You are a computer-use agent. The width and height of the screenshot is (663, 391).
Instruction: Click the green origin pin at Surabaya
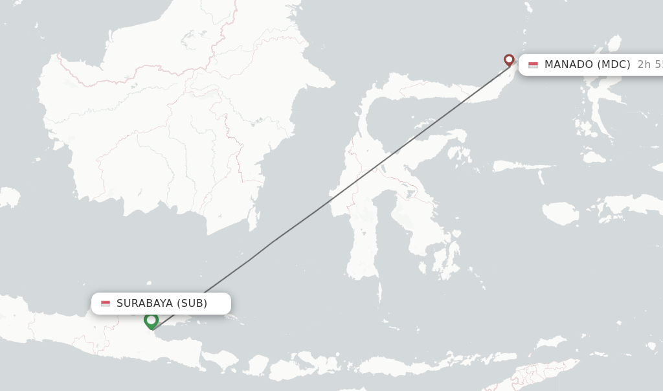pos(151,320)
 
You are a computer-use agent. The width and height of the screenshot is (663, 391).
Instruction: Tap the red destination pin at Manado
pos(509,60)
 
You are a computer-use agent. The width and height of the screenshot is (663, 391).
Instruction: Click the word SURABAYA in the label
pos(144,303)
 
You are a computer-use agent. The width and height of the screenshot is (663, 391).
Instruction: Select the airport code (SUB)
pos(192,303)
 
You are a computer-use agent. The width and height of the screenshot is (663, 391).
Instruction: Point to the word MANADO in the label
pos(568,64)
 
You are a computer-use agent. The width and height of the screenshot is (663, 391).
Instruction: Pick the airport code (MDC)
pos(614,64)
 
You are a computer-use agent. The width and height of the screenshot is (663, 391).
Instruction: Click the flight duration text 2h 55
pos(649,64)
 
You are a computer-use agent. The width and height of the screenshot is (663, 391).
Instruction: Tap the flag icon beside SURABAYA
pos(106,303)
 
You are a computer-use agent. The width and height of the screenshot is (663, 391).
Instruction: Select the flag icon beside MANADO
pos(533,65)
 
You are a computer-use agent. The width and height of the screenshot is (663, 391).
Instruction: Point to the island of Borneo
pos(175,129)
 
